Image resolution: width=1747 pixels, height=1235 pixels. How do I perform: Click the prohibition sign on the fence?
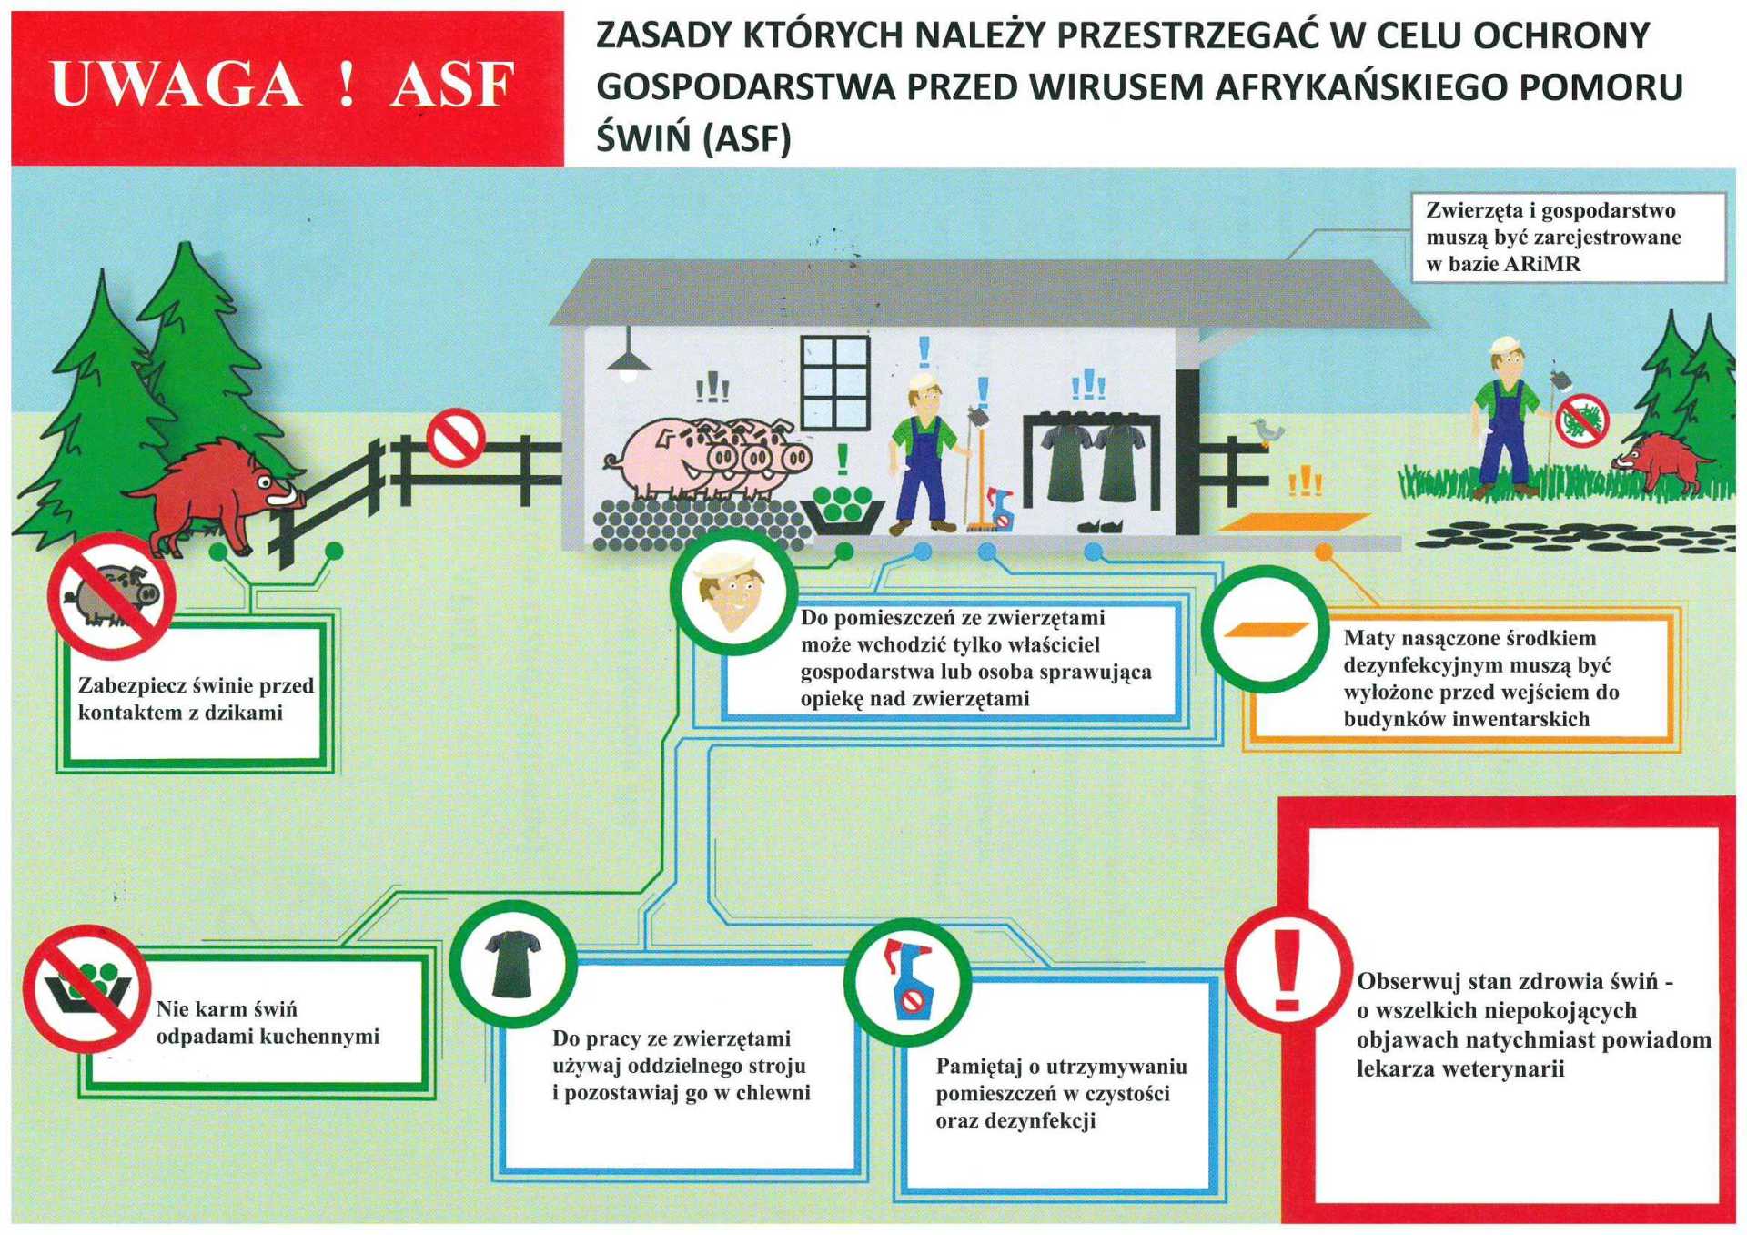(x=456, y=437)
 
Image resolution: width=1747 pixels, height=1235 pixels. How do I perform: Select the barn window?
(x=835, y=382)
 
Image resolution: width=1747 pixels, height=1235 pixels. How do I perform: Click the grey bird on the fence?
(x=1266, y=430)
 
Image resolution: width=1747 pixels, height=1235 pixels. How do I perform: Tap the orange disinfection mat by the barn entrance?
(x=1293, y=522)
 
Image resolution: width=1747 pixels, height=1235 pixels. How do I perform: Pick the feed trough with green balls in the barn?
(x=842, y=510)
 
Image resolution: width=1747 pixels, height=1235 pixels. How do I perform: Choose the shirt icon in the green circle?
(x=512, y=965)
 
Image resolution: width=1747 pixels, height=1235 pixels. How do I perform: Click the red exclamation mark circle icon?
(x=1285, y=971)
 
